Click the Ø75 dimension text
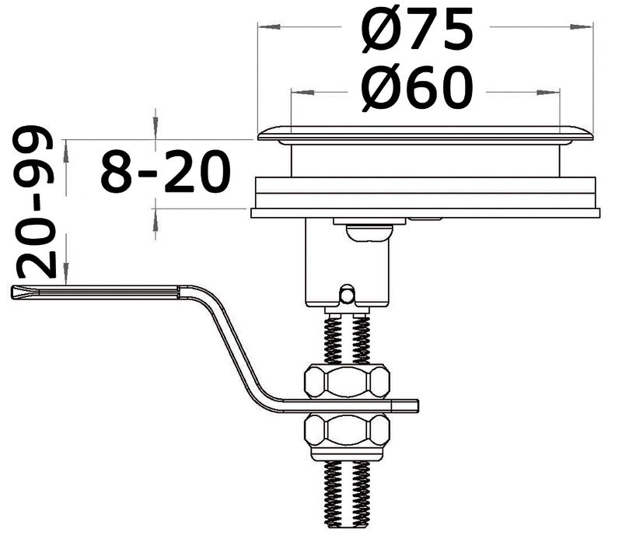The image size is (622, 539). (418, 30)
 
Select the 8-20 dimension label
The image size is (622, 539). (166, 172)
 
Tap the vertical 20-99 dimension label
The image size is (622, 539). (37, 204)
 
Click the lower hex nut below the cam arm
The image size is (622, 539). (347, 429)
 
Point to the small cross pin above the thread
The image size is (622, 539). (347, 294)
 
